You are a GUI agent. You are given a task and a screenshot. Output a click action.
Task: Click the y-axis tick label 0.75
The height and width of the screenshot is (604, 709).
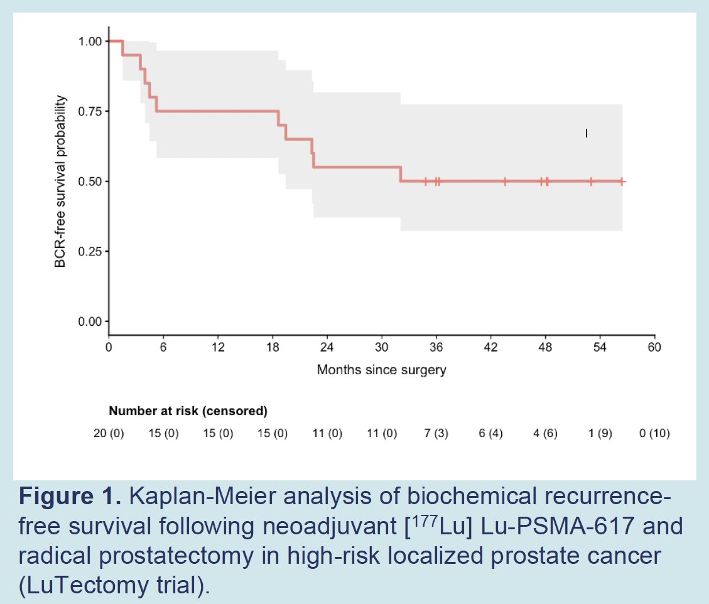point(90,111)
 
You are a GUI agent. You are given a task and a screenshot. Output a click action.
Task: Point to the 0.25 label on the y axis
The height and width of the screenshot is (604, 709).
point(90,251)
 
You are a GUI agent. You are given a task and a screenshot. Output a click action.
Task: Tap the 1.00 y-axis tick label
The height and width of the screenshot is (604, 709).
point(90,41)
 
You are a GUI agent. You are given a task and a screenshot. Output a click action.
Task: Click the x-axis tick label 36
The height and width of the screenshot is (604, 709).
point(436,347)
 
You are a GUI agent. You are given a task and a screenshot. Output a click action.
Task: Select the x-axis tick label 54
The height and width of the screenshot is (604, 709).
point(600,347)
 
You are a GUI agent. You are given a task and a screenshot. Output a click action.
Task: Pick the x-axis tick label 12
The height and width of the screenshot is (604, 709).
point(218,347)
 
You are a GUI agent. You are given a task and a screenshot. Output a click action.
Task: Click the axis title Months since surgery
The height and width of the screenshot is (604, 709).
point(382,370)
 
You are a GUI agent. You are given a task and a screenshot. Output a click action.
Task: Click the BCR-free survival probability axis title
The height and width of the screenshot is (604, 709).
point(60,181)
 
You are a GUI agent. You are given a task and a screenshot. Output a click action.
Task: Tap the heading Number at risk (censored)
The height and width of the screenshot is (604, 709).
point(188,411)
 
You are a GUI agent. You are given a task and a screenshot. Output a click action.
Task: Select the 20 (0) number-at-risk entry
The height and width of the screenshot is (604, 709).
point(109,433)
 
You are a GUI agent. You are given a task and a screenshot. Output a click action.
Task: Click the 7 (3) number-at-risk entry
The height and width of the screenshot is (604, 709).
point(436,433)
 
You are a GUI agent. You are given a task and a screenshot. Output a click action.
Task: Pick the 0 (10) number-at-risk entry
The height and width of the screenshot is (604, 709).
point(654,433)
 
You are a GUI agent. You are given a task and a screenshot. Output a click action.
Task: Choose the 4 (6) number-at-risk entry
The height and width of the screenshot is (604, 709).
point(545,433)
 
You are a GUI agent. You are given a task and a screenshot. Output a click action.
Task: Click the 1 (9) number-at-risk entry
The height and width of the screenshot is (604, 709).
point(600,433)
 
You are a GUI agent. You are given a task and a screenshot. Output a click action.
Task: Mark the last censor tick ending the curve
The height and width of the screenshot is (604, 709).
point(622,181)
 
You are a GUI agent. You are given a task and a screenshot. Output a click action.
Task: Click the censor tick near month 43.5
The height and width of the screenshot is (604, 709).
point(505,181)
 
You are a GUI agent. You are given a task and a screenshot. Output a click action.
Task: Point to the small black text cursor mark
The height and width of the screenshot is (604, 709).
point(587,133)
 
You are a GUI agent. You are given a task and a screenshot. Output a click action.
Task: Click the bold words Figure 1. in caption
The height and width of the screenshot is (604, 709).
point(70,497)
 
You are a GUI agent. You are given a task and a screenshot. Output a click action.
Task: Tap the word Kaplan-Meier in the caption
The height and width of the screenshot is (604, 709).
point(203,497)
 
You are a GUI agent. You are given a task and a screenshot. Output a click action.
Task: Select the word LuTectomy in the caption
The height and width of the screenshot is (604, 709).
point(88,585)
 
